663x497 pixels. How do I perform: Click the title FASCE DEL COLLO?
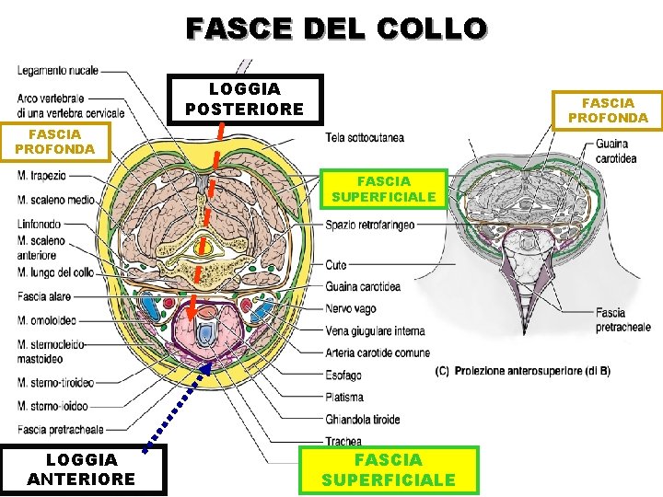pos(336,28)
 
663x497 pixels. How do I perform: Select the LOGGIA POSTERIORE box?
pos(244,99)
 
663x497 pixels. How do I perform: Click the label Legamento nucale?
pos(57,70)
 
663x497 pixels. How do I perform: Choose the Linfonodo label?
pos(39,224)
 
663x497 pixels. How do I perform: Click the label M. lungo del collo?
pos(55,272)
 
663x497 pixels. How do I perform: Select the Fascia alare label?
pos(43,296)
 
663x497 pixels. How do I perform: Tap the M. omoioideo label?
pos(49,320)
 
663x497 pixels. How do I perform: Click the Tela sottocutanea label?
pos(365,138)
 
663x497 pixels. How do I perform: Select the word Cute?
pos(335,265)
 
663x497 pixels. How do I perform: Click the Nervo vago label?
pos(351,308)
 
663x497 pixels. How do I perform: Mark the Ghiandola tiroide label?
pos(362,420)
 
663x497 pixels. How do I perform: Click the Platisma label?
pos(344,398)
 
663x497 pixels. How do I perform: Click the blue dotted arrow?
pos(174,405)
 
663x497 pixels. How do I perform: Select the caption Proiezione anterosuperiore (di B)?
pos(522,371)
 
